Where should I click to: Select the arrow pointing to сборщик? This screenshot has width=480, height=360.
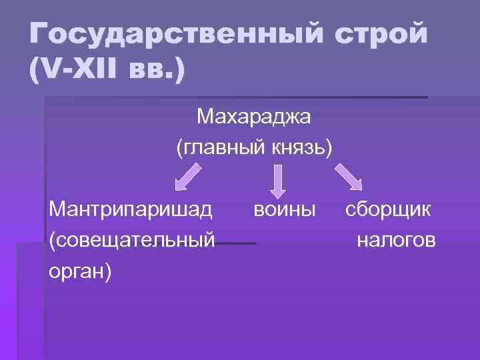coord(348,177)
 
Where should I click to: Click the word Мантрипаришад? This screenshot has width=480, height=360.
coord(131,211)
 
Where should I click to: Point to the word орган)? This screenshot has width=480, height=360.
coord(80,270)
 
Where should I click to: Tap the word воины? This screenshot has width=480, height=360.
coord(284,211)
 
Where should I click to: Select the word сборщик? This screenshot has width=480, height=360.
coord(388,211)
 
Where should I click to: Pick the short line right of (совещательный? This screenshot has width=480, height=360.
coord(236,243)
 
